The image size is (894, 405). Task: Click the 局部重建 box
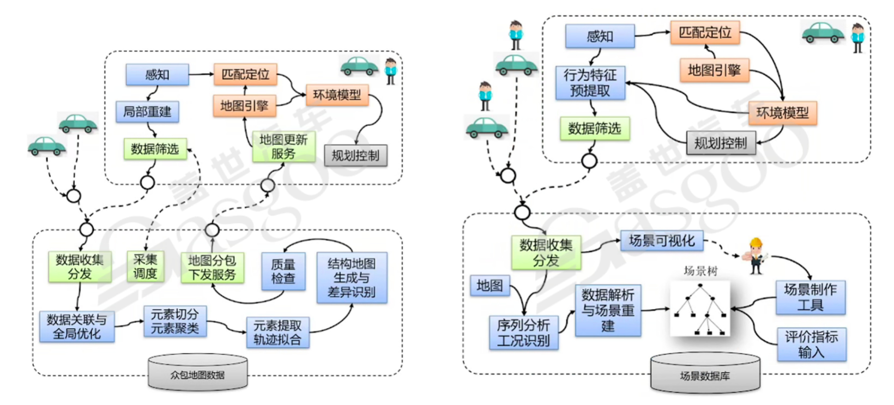tap(147, 112)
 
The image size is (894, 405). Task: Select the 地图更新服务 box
tap(283, 147)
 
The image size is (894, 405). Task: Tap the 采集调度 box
tap(145, 267)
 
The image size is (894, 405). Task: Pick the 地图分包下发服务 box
tap(212, 268)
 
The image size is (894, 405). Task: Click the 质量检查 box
tap(283, 271)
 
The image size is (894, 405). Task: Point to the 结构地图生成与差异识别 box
tap(352, 277)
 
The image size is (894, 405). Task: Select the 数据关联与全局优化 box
tap(77, 327)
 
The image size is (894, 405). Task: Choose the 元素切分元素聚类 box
tap(175, 321)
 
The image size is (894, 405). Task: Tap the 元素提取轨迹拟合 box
tap(277, 333)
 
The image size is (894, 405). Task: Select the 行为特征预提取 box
tap(590, 83)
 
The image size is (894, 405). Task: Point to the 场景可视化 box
tap(662, 240)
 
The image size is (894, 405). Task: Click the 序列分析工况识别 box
tap(523, 333)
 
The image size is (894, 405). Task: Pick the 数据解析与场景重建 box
tap(608, 310)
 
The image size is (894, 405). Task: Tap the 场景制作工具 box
tap(810, 297)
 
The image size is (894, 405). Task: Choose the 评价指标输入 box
tap(811, 344)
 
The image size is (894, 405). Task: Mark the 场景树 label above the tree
tap(700, 271)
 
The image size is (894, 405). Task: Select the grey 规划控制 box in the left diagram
tap(355, 156)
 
